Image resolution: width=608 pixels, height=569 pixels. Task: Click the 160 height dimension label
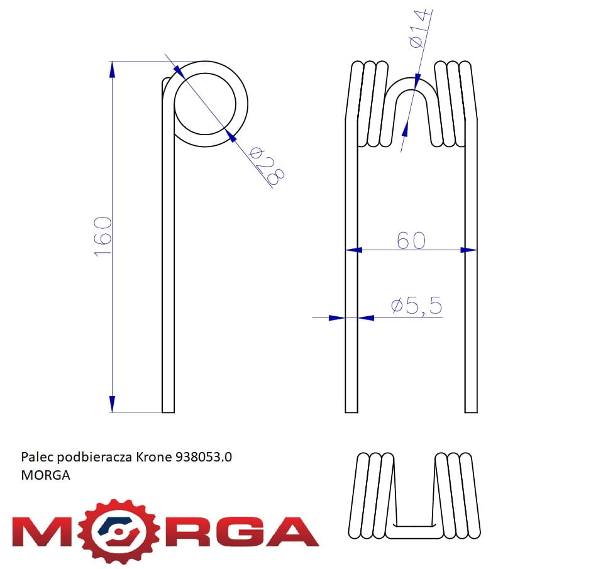(x=103, y=236)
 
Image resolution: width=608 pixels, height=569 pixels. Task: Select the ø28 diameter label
(x=267, y=165)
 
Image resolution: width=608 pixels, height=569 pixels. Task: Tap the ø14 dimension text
(x=419, y=28)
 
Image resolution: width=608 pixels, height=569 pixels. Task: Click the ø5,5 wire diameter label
(x=417, y=305)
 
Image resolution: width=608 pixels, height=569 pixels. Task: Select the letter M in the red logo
(x=43, y=531)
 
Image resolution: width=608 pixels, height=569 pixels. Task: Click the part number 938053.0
(x=204, y=457)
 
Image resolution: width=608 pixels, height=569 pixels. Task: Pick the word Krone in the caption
(x=154, y=457)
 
